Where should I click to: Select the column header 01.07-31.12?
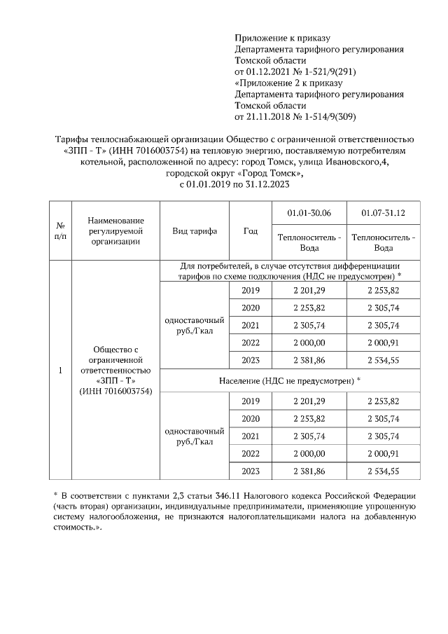point(383,213)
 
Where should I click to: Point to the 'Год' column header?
point(250,231)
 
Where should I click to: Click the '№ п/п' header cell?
point(60,231)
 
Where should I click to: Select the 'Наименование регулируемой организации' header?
point(115,231)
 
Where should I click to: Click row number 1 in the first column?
point(60,371)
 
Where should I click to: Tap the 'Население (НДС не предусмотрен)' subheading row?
point(290,379)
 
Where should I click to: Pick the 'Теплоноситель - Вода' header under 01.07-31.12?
point(383,242)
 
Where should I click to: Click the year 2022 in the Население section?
point(250,454)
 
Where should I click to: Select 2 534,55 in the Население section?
point(383,471)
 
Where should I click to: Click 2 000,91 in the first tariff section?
point(383,343)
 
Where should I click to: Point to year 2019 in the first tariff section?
point(250,291)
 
